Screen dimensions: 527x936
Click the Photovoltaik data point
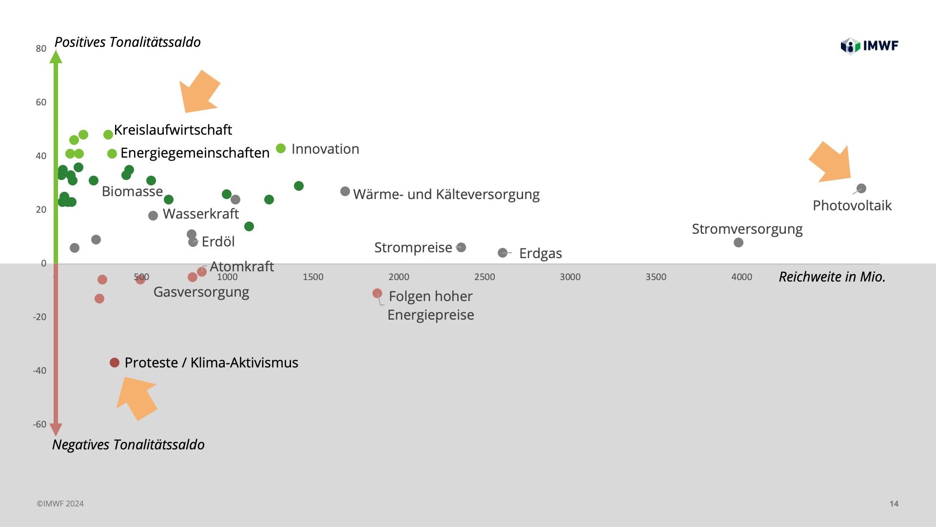pos(861,188)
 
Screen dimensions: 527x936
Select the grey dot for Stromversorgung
pos(739,243)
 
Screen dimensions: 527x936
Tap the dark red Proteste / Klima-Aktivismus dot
pos(115,363)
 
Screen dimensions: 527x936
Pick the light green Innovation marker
pos(281,148)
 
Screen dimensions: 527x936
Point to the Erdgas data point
pos(503,253)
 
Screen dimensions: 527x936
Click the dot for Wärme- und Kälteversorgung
pos(345,191)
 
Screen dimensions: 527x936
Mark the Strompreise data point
pos(461,247)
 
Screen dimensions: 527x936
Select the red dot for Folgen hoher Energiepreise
pos(377,293)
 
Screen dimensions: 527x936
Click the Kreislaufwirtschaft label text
pos(173,130)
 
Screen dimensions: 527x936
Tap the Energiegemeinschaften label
pos(195,153)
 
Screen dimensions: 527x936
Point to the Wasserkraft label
pos(200,214)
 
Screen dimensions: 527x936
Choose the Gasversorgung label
pos(201,292)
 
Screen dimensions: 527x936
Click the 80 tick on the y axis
pos(41,49)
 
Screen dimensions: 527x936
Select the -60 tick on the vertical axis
pos(39,425)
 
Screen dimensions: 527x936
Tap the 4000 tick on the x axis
pos(741,277)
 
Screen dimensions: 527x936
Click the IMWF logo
pos(869,46)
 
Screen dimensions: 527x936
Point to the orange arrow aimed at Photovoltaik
pos(831,163)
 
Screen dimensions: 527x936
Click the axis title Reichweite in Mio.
pos(832,277)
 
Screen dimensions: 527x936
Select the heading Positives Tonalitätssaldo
pos(128,42)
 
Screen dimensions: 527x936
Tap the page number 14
pos(894,504)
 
